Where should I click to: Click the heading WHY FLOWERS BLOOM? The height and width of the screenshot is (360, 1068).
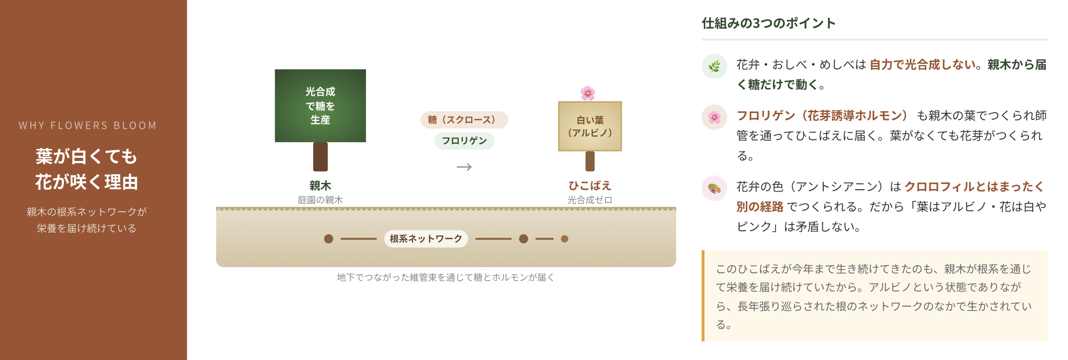88,126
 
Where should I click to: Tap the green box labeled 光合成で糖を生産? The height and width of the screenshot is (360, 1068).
320,105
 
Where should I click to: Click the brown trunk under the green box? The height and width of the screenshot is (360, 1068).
320,157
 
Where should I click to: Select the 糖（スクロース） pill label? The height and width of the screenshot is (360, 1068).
464,120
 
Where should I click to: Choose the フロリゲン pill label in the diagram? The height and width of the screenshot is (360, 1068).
464,141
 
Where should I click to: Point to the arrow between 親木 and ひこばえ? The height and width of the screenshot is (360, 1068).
464,167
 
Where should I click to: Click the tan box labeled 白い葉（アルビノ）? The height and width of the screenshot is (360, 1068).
590,126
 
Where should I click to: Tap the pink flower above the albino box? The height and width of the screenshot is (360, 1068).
588,93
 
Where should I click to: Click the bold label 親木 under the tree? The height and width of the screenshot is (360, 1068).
320,186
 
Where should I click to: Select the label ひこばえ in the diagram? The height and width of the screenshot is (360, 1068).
590,186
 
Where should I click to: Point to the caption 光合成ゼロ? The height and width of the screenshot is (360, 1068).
590,200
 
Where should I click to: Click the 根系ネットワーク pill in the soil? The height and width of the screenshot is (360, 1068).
426,239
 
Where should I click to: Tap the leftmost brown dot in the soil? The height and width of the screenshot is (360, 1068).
328,239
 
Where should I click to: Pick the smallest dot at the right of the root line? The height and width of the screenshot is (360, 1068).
564,239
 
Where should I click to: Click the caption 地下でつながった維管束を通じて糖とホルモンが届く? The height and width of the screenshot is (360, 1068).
445,277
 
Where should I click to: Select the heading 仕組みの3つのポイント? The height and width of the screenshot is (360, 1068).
769,23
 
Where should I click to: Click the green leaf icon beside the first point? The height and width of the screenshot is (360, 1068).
714,66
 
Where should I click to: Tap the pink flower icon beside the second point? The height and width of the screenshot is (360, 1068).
714,117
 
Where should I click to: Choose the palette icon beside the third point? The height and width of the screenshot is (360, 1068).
714,188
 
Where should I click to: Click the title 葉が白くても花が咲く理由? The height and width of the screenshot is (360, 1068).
87,169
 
